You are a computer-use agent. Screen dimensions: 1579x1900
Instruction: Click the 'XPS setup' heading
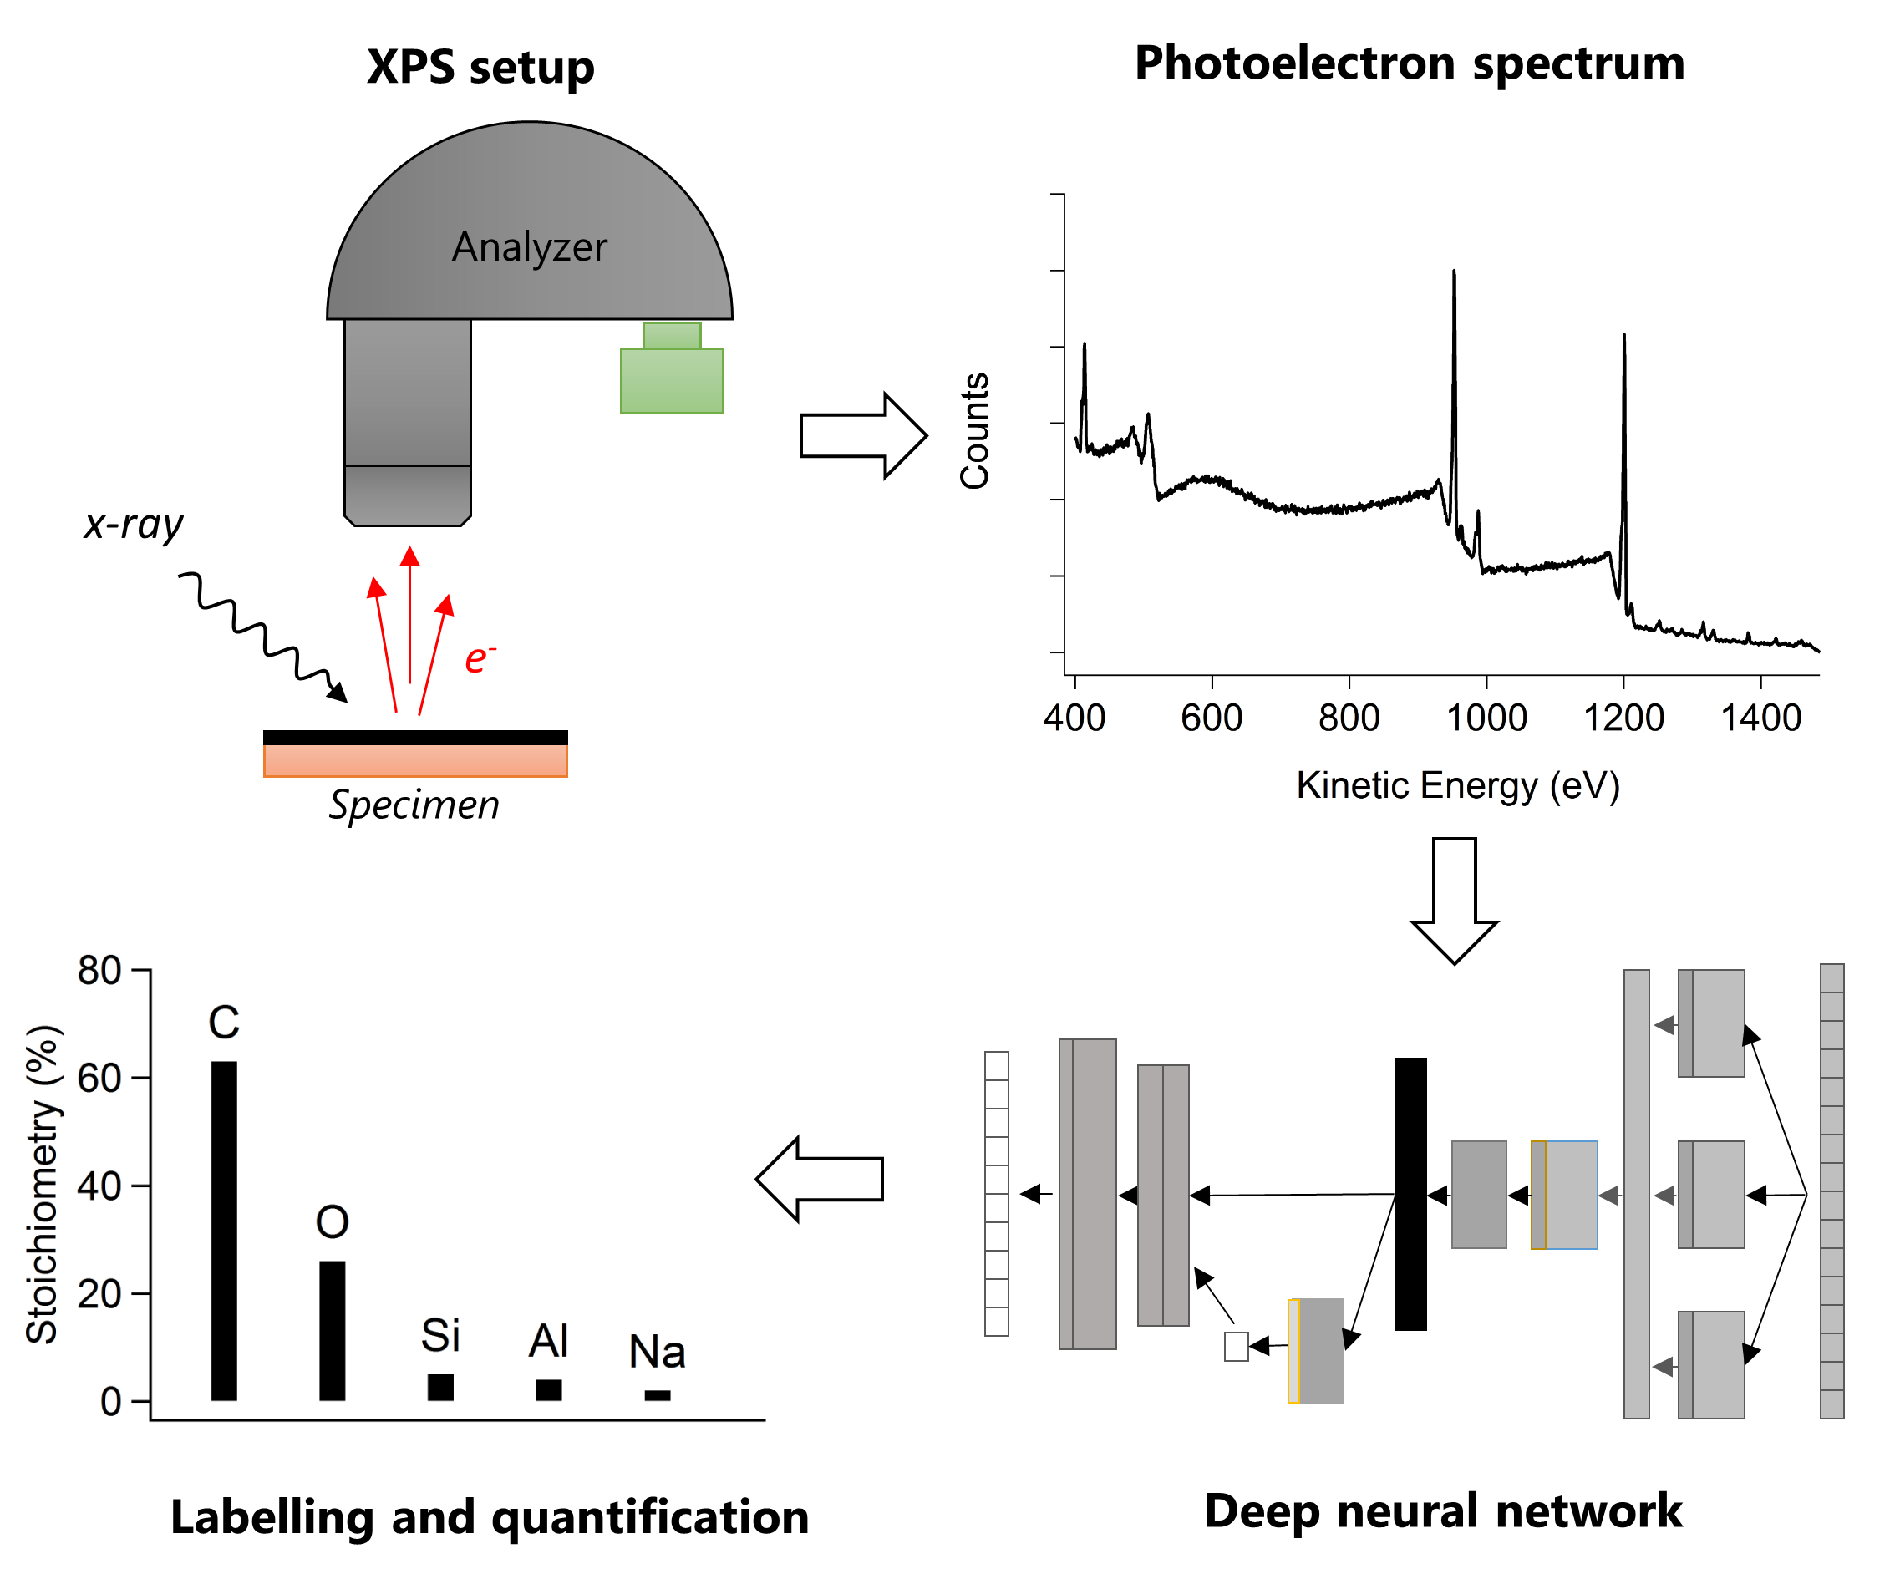[480, 67]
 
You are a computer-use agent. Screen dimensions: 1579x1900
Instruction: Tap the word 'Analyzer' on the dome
[529, 247]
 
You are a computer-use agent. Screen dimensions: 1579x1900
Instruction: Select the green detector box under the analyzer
[671, 380]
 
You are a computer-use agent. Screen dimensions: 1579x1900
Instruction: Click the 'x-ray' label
[133, 525]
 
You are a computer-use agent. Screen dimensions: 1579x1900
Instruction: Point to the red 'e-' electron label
[478, 658]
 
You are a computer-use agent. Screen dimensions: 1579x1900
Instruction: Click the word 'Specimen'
[414, 805]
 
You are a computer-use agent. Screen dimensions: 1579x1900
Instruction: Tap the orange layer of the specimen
[415, 760]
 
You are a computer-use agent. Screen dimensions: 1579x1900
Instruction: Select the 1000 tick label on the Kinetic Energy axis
[1486, 718]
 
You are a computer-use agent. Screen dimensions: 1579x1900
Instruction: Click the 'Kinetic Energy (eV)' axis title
[1457, 785]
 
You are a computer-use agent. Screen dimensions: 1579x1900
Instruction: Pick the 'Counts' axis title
[974, 431]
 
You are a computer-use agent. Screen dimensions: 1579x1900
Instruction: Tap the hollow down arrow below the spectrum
[1454, 900]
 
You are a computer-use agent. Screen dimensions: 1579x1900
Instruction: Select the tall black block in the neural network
[1410, 1193]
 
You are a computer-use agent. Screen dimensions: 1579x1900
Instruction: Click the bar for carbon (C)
[223, 1231]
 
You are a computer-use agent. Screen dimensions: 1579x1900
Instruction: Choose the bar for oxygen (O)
[332, 1330]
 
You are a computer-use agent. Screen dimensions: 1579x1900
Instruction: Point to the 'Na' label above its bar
[657, 1352]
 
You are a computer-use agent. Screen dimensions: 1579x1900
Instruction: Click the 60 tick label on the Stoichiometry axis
[99, 1078]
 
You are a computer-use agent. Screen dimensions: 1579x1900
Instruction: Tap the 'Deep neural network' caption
[1443, 1511]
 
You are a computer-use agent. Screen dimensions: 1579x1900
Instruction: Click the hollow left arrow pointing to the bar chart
[819, 1179]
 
